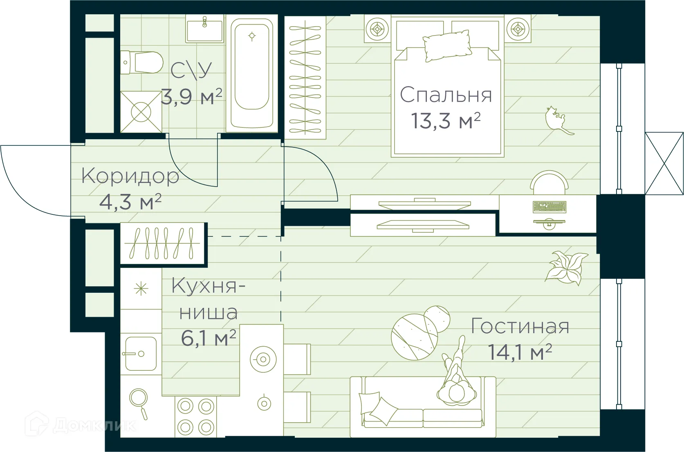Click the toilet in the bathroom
[142, 62]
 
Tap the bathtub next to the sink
[252, 73]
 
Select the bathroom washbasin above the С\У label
[205, 29]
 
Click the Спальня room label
[446, 95]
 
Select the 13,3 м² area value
[446, 121]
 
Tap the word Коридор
[130, 176]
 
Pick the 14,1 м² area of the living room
[520, 352]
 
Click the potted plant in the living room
[566, 267]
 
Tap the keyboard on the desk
[549, 207]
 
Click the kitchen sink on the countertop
[140, 354]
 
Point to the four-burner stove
[195, 417]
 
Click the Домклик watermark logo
[80, 425]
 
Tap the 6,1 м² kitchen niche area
[208, 338]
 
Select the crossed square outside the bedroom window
[664, 163]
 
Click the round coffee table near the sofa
[414, 337]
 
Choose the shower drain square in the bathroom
[141, 112]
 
